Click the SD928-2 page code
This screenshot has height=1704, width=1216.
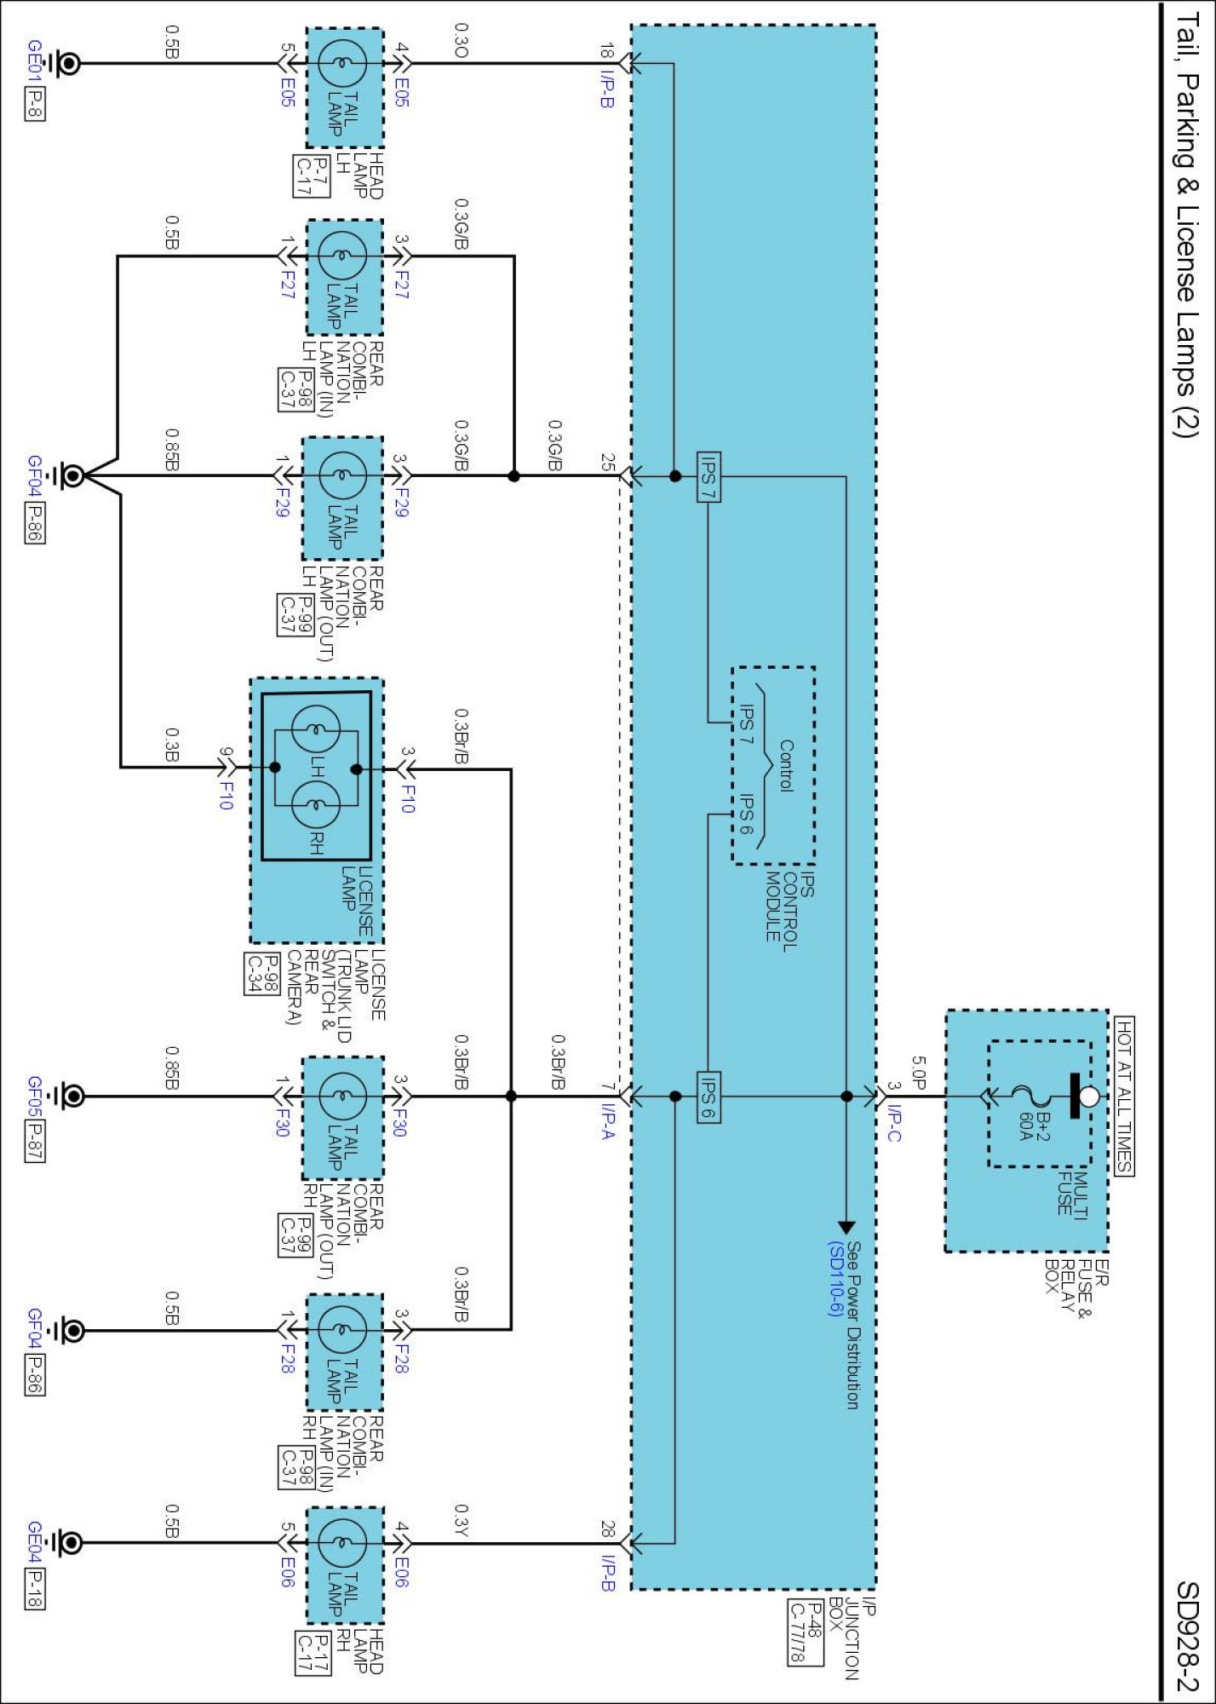1187,1636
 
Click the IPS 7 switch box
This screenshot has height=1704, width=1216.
708,476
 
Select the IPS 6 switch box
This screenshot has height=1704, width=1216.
708,1097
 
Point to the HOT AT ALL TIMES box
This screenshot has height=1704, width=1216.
1124,1096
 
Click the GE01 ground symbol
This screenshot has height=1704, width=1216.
65,63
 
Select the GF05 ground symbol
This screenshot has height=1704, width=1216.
67,1096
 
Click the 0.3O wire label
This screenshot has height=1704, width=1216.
461,40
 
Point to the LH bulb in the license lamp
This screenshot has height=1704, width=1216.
316,730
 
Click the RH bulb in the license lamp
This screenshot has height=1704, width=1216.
316,805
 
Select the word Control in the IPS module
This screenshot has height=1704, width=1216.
786,766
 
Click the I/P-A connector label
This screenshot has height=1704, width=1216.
608,1122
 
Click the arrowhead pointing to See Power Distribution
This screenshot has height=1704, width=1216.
846,1228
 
